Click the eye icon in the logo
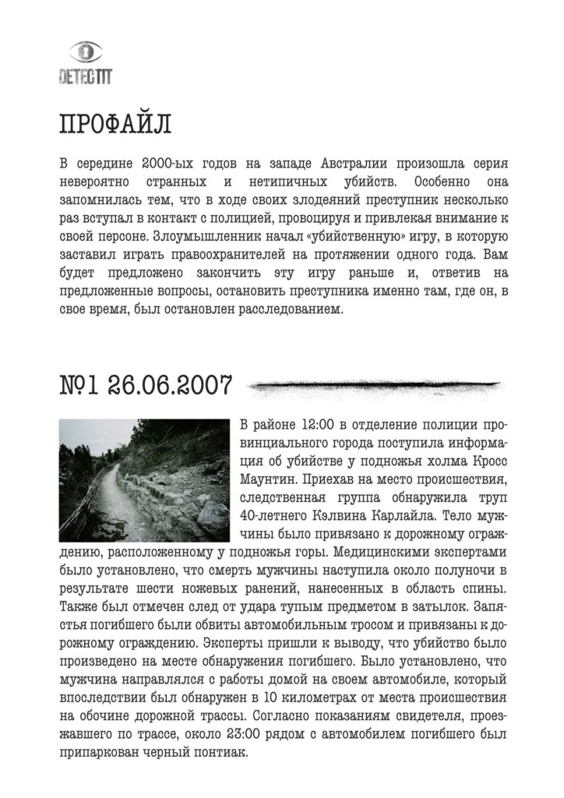coord(86,53)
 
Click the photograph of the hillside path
coord(144,480)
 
